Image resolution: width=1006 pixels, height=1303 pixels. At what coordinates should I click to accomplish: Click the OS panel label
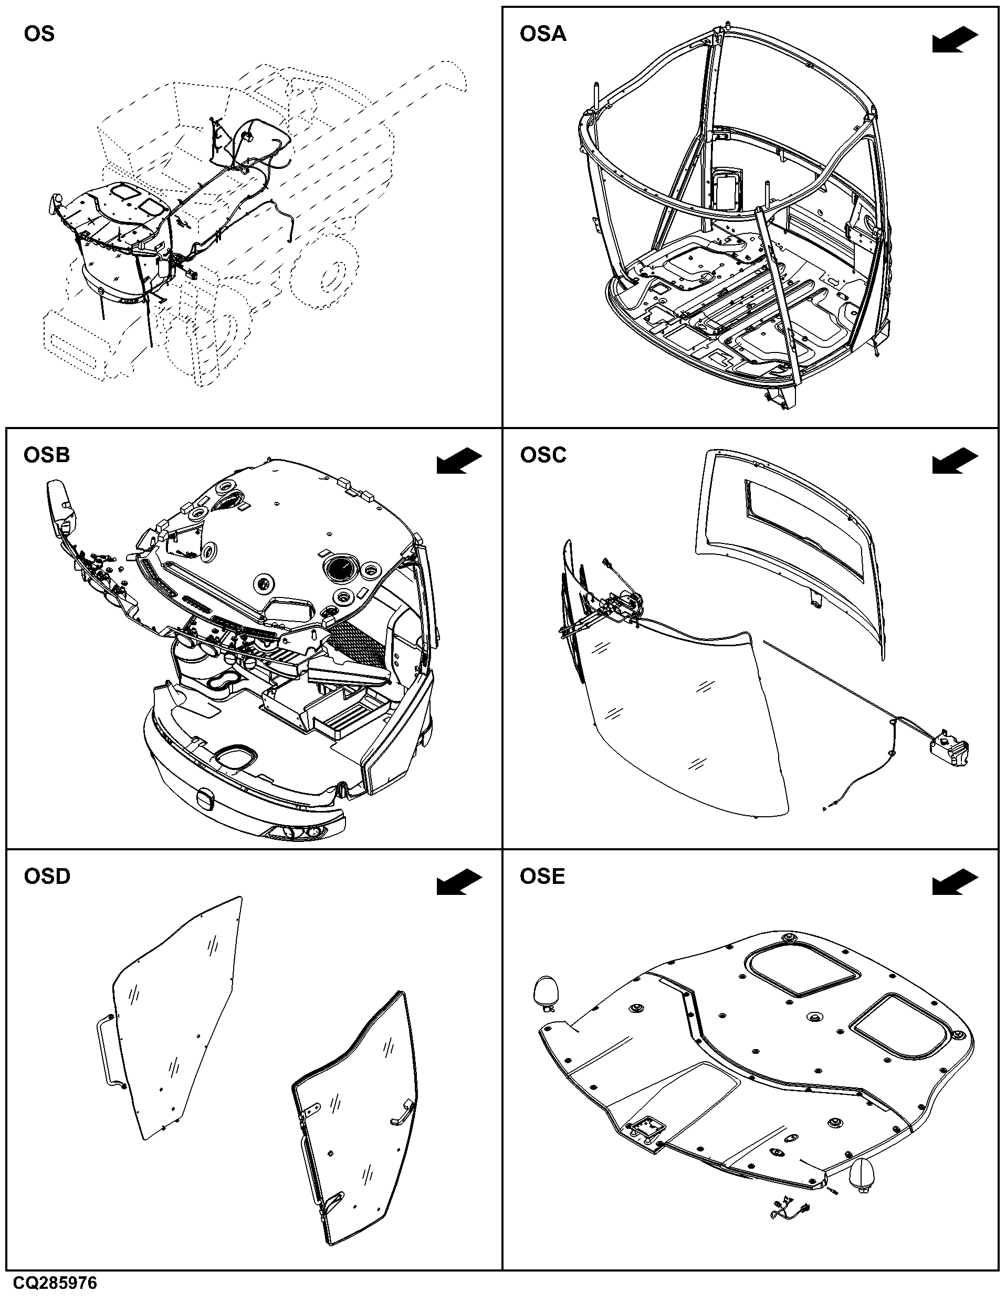39,34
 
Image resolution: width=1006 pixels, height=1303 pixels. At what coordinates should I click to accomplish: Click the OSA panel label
543,34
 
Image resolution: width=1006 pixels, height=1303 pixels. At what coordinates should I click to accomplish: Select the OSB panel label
47,455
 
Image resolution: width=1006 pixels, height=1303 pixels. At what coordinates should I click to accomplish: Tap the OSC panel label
543,455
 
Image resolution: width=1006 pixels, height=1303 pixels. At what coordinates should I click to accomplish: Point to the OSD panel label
47,877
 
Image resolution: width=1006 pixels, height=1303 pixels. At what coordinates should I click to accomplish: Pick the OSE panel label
542,877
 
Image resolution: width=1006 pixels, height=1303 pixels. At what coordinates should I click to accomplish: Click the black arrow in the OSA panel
955,40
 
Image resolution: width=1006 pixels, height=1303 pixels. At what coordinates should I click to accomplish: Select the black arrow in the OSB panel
459,462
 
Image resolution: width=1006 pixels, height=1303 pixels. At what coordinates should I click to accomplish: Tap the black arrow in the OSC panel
955,462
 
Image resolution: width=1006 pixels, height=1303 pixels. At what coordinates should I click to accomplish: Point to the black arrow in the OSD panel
459,883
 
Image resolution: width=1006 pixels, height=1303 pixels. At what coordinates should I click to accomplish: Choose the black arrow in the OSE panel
955,883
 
